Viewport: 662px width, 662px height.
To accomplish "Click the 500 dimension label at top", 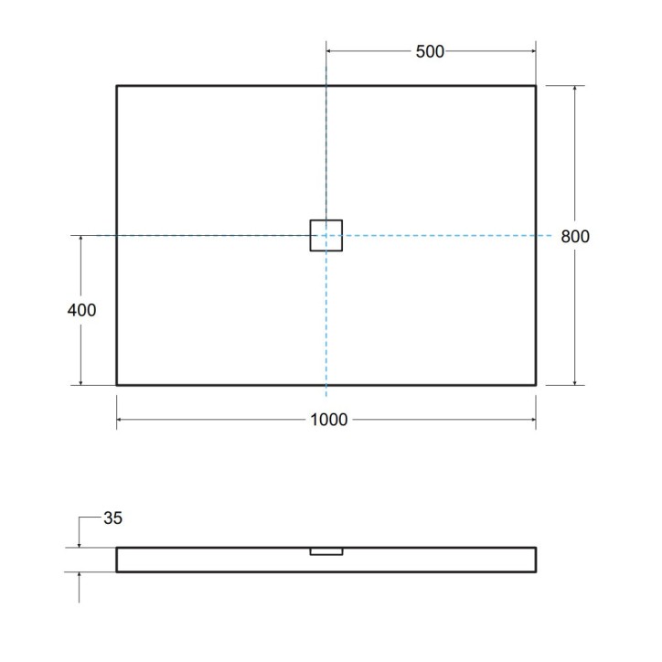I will point(430,52).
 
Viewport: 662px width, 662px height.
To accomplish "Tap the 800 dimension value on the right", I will point(575,236).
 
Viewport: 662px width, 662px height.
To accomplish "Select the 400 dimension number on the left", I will point(81,310).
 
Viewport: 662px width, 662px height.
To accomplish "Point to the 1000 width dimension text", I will point(329,420).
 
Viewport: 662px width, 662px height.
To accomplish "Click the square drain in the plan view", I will point(326,236).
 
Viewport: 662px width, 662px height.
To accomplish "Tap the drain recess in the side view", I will point(326,551).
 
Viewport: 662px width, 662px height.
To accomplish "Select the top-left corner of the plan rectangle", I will point(117,86).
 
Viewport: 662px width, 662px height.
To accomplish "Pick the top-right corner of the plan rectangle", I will point(535,86).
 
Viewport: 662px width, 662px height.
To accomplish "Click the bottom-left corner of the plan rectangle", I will point(117,384).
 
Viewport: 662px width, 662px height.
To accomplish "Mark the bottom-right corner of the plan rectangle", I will point(535,384).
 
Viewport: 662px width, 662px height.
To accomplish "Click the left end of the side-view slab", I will point(118,560).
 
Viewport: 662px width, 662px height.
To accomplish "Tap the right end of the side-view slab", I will point(535,560).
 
